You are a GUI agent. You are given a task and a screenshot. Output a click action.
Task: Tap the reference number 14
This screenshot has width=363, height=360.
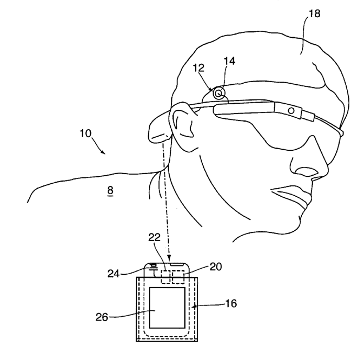[230, 61]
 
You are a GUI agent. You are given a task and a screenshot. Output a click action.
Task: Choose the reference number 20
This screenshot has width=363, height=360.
[215, 267]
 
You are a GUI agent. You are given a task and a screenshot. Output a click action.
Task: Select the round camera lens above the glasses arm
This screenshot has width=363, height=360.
[218, 93]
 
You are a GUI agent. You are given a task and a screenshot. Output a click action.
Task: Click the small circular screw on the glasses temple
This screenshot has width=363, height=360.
[292, 111]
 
